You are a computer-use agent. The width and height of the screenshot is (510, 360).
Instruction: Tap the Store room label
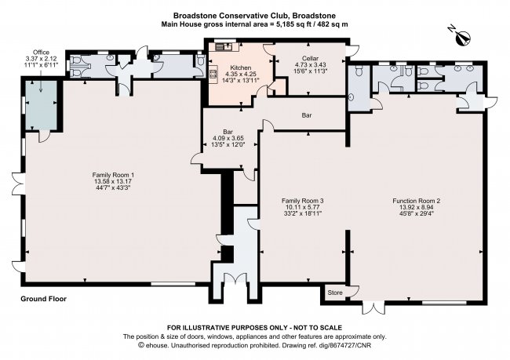335,293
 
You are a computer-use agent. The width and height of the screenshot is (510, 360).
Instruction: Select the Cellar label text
310,59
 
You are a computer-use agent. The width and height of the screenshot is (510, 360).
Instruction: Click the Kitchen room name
241,67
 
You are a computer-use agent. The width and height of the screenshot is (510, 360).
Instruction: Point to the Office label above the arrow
42,53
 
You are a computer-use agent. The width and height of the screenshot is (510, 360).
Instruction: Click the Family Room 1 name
113,175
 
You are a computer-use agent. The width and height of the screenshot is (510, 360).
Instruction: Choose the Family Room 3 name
303,201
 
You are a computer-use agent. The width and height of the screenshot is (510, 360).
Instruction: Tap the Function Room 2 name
417,201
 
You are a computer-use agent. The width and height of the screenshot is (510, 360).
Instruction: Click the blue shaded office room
42,105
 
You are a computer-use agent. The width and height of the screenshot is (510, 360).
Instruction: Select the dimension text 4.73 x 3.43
310,65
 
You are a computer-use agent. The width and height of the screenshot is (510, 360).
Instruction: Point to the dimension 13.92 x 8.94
417,207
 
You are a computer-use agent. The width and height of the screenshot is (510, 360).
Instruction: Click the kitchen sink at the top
224,46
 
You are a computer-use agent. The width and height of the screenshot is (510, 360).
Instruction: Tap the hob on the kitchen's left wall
213,74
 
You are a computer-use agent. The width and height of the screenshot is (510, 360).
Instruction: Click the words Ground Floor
44,299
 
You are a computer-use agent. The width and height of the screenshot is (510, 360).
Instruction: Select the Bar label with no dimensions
307,115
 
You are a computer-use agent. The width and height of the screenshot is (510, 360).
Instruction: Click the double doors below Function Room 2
374,307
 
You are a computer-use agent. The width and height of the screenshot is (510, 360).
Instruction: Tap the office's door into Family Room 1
45,136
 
